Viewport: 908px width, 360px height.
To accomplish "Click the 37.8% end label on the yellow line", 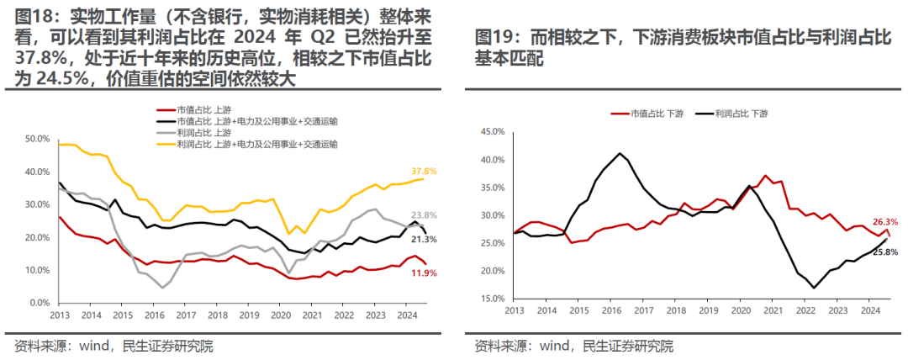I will point(424,172).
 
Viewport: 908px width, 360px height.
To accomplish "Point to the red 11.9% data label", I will point(424,273).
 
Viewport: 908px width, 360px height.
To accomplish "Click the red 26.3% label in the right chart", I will point(879,223).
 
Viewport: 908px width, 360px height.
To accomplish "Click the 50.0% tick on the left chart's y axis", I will point(37,139).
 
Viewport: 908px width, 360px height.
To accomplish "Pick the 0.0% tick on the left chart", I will point(40,303).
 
